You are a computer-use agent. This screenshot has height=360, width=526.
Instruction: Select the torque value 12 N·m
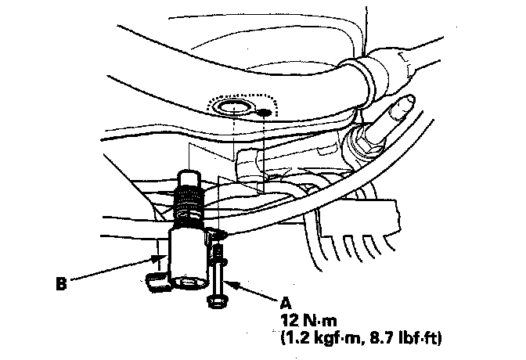tap(311, 321)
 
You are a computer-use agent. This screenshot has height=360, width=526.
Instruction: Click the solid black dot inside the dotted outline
tap(265, 112)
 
